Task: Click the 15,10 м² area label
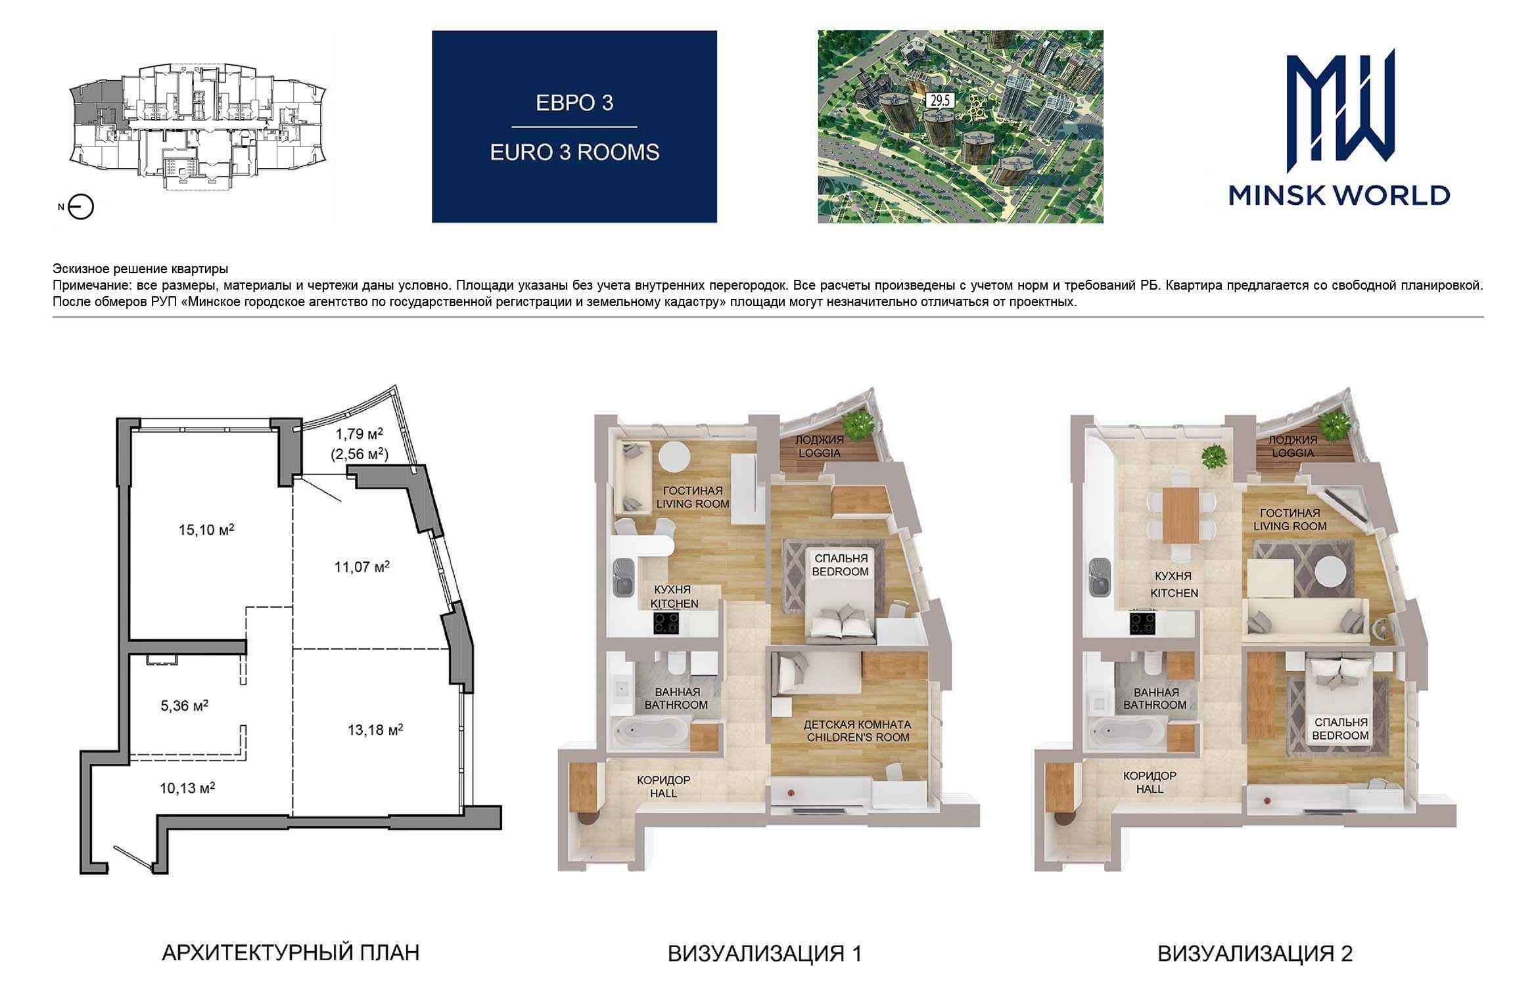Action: click(x=206, y=529)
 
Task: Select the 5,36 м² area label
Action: click(x=185, y=706)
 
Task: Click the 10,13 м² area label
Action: click(x=188, y=787)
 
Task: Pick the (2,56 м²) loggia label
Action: click(x=360, y=453)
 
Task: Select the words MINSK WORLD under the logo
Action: click(x=1339, y=195)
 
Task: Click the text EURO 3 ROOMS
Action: click(x=574, y=152)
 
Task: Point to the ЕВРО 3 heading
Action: click(x=574, y=103)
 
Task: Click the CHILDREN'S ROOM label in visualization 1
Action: click(x=857, y=737)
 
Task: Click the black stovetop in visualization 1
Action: click(x=668, y=623)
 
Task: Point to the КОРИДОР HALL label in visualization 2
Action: click(x=1150, y=782)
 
